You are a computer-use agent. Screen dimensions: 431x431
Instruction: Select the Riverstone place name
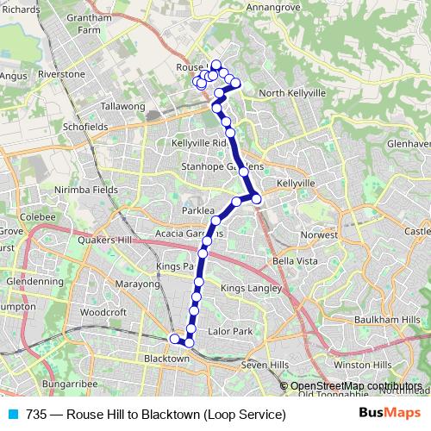pyautogui.click(x=61, y=74)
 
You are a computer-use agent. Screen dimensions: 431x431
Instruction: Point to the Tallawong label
pyautogui.click(x=123, y=106)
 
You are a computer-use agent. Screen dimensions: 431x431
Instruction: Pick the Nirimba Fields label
pyautogui.click(x=86, y=189)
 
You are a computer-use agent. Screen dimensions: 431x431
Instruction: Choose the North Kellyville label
pyautogui.click(x=292, y=92)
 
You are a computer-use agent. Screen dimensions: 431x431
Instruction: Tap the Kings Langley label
pyautogui.click(x=251, y=287)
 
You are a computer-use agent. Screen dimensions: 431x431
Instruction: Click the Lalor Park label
pyautogui.click(x=230, y=331)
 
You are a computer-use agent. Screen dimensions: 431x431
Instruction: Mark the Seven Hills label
pyautogui.click(x=265, y=365)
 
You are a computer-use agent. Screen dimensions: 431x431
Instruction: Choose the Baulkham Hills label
pyautogui.click(x=390, y=321)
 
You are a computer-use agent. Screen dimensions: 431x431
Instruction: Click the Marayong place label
pyautogui.click(x=138, y=283)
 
